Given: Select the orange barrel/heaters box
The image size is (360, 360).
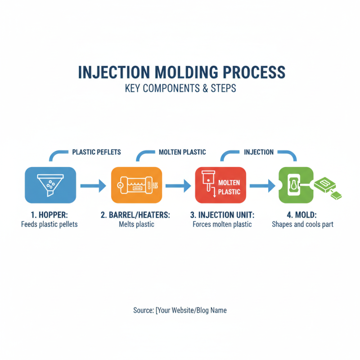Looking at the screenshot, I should pos(136,185).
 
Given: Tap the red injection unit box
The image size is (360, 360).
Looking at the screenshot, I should pos(220,185).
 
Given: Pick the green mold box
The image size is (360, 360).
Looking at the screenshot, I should pos(295,185).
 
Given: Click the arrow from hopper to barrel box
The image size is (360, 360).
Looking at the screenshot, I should pos(92,185).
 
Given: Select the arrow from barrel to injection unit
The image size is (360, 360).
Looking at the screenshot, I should pos(177,185).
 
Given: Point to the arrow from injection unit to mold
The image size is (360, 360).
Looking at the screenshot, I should pos(262,185).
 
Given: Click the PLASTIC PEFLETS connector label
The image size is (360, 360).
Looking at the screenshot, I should pos(96,152).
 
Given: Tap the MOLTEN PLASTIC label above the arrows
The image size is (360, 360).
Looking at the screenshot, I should pos(182,152).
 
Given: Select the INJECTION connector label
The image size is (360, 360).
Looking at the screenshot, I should pos(259,152).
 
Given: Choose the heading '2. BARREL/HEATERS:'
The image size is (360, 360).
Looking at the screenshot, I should pos(135,215).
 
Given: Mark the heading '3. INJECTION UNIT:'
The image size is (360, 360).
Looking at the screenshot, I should pos(221,215).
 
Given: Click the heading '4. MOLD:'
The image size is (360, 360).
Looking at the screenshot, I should pos(302,215).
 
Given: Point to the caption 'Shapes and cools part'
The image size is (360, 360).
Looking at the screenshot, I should pos(302,224).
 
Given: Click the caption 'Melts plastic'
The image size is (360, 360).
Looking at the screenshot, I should pos(136,224).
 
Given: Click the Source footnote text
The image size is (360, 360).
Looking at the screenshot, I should pos(180,310).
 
